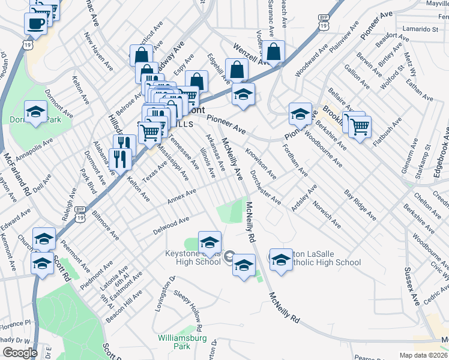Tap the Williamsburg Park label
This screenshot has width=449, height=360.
pos(182,342)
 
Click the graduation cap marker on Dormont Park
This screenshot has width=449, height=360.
pos(35,112)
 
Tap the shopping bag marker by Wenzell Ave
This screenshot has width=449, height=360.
pos(273,53)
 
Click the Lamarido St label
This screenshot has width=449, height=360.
pos(421,29)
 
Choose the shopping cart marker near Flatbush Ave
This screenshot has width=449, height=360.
pos(360,127)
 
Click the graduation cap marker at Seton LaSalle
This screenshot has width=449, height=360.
pos(280,260)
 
